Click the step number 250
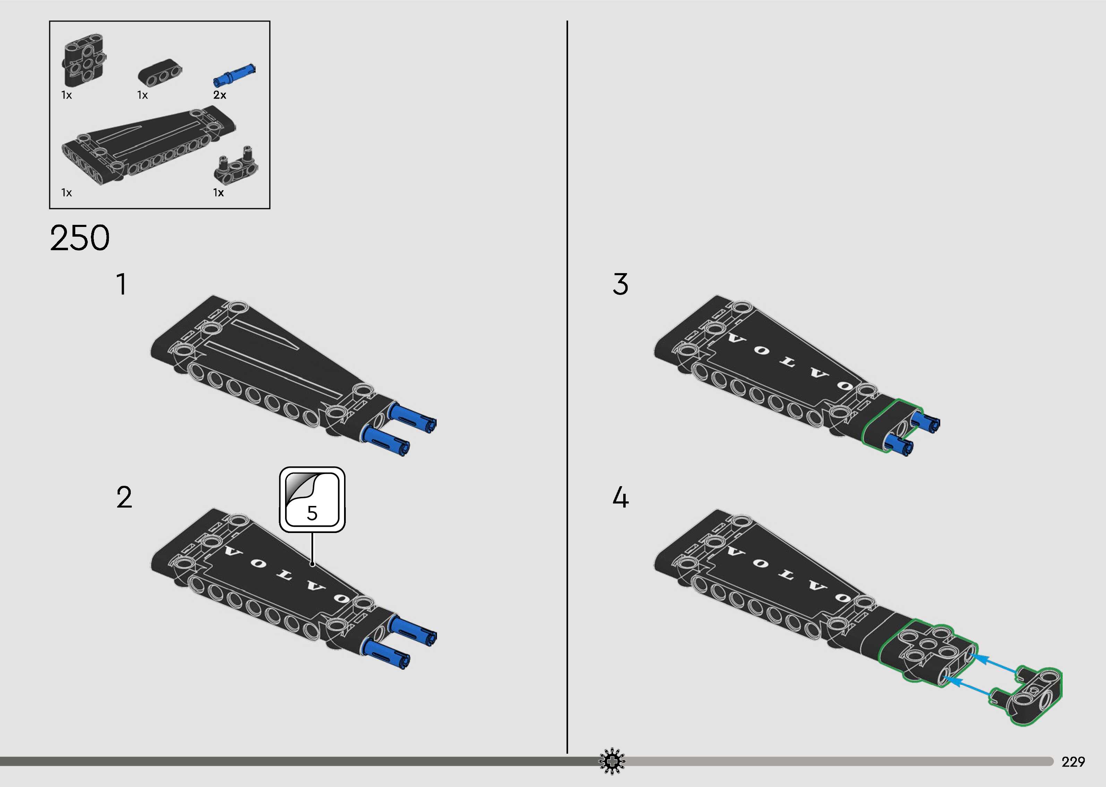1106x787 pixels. pyautogui.click(x=80, y=238)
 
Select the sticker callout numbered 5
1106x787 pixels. pyautogui.click(x=312, y=500)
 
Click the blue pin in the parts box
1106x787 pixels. pyautogui.click(x=234, y=75)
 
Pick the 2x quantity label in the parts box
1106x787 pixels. pyautogui.click(x=219, y=95)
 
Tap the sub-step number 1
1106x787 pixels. pyautogui.click(x=122, y=285)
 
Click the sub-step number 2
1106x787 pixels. pyautogui.click(x=124, y=498)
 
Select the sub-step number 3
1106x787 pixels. pyautogui.click(x=620, y=285)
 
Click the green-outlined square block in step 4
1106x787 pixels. pyautogui.click(x=927, y=654)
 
